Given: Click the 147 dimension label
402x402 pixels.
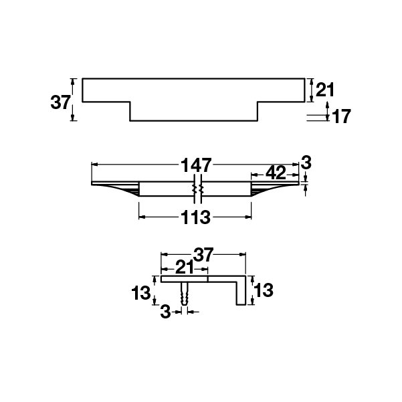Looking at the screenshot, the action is point(196,165).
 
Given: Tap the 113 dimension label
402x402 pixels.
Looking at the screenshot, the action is point(195,217).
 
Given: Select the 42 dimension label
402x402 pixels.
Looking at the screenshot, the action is point(276,173).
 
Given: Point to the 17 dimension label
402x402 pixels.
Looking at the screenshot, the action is point(341,116).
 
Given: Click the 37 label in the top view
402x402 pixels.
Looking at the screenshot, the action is point(60,102).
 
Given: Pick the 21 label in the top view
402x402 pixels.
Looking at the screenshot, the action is point(325,90).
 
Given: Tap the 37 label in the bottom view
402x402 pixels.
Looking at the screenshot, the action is point(203,255).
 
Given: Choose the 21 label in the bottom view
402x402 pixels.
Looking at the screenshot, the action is point(185,268).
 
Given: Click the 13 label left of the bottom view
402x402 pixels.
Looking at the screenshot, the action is point(140,293).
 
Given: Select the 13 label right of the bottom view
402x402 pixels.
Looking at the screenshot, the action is point(264,290).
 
